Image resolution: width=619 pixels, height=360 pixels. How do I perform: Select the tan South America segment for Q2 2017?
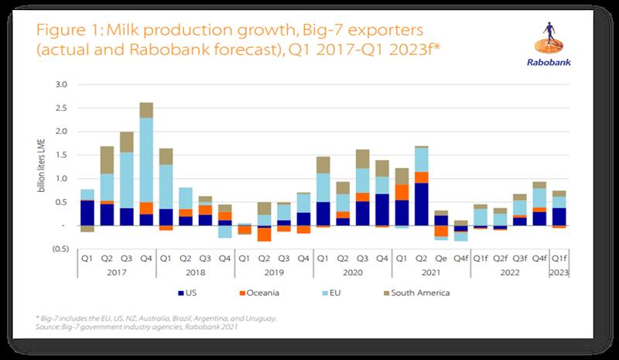(107, 159)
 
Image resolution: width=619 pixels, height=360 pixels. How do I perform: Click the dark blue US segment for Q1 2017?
(87, 213)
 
